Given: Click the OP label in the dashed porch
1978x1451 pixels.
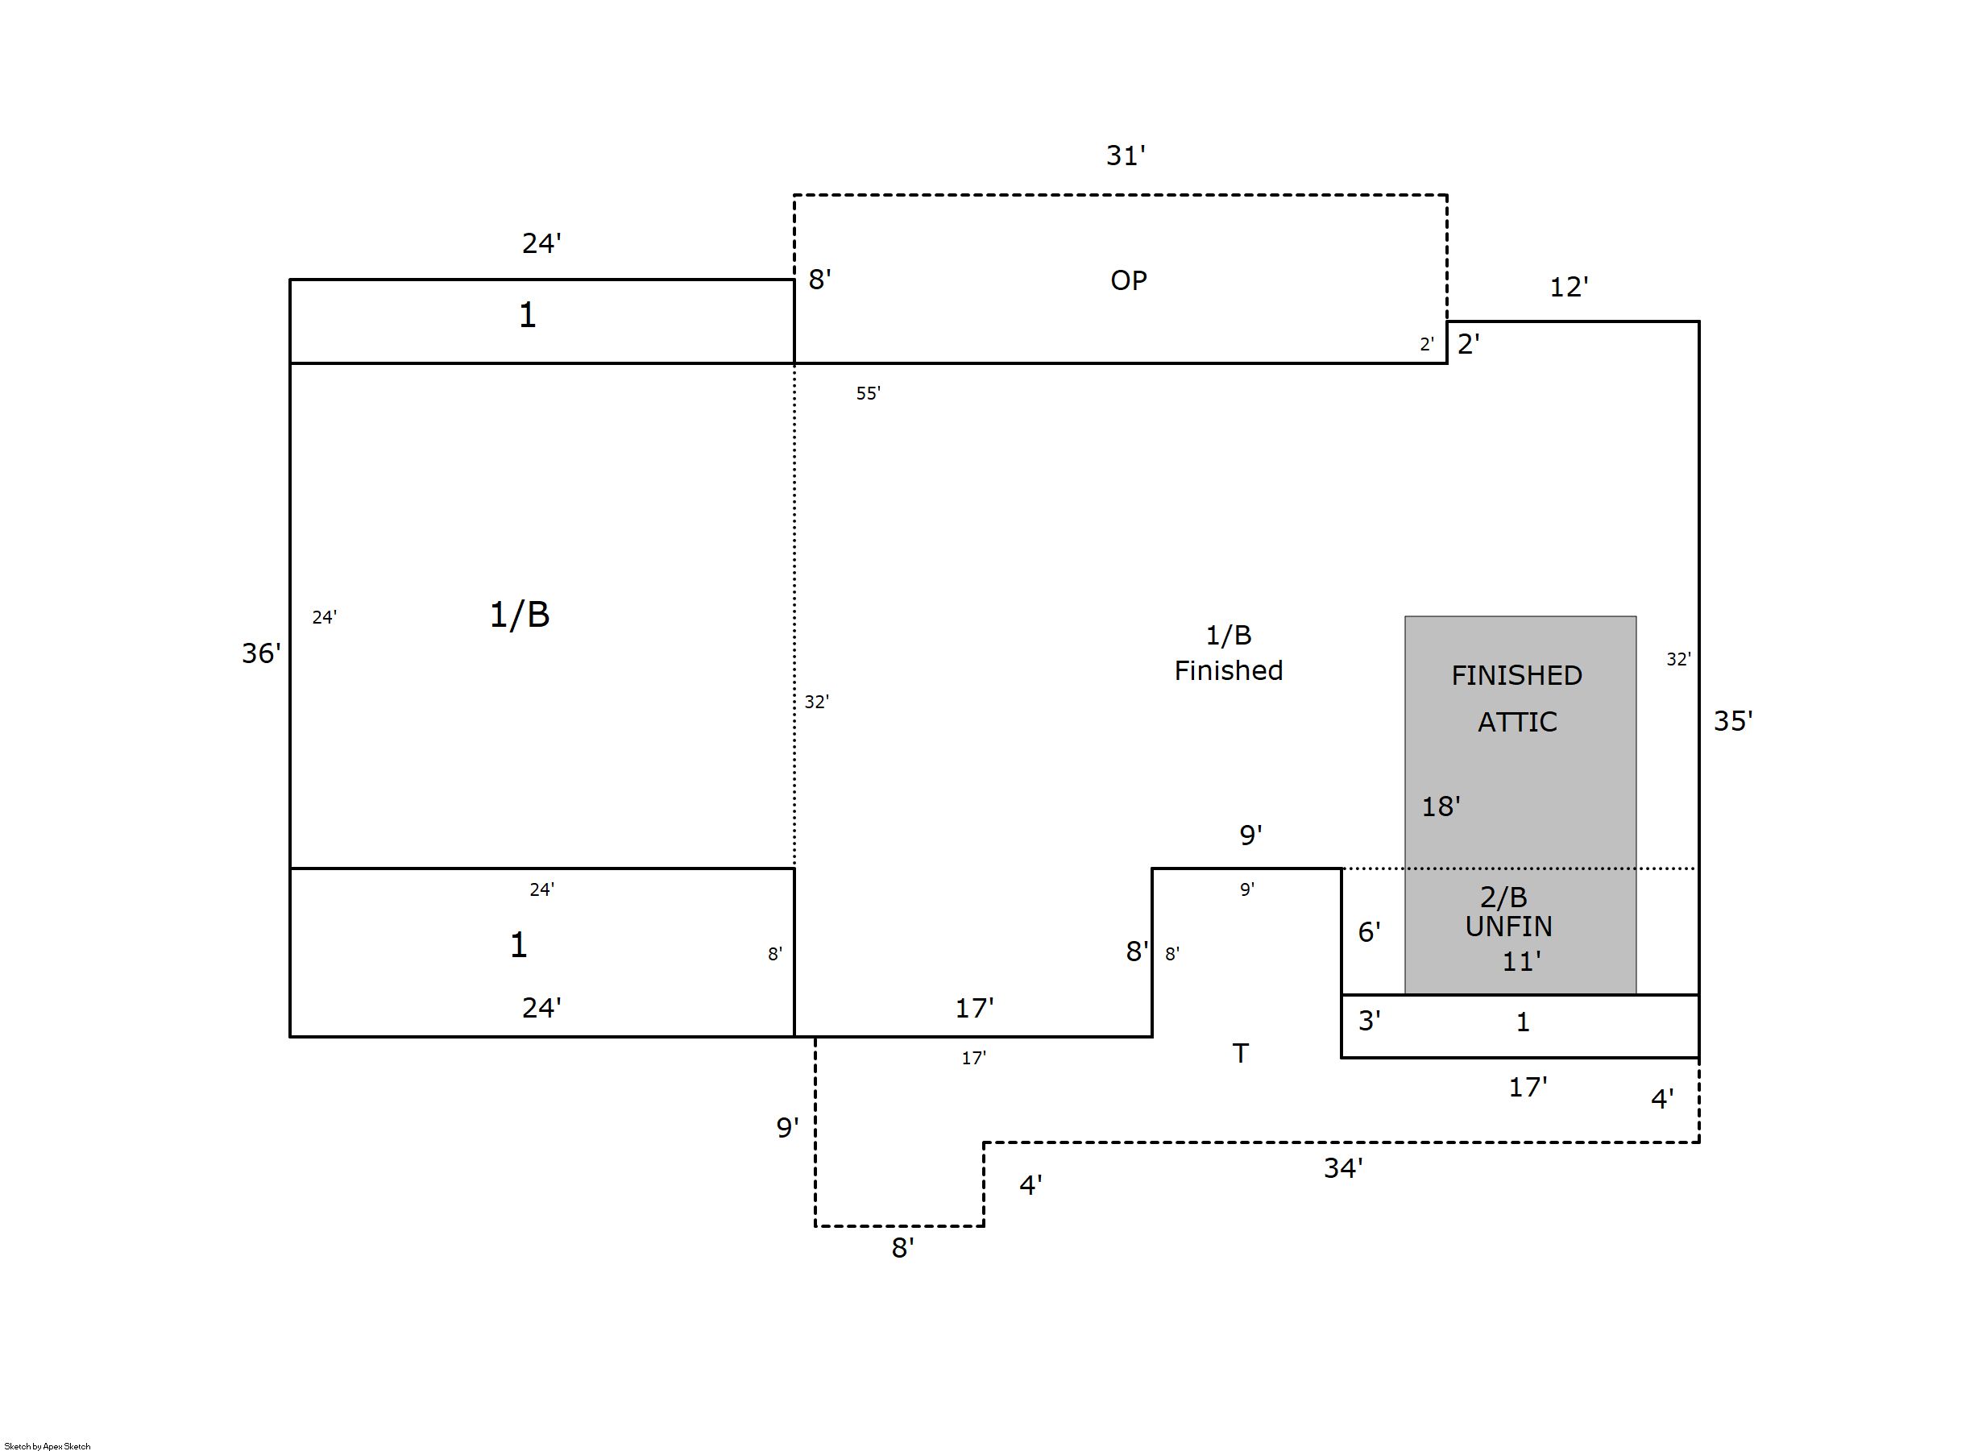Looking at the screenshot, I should point(1128,280).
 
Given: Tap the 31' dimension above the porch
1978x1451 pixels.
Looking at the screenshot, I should point(1125,155).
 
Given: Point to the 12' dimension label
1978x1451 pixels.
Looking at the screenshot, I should point(1569,287).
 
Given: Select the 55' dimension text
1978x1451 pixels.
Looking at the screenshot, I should point(868,393).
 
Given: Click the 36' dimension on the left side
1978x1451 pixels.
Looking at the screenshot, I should point(261,653).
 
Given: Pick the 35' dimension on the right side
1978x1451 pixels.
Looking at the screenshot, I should point(1733,721).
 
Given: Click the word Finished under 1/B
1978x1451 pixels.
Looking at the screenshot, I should point(1228,671).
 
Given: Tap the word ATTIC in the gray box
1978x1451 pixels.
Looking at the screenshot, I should point(1517,722).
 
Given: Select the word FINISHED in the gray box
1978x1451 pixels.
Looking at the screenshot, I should point(1516,675).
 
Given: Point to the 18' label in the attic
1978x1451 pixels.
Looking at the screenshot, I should point(1441,806).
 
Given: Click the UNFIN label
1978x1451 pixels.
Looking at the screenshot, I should point(1508,927).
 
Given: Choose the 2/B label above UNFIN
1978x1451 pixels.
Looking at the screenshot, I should point(1503,897).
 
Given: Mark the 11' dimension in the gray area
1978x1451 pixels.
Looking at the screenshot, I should point(1521,962).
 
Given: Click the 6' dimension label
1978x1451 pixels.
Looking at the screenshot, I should point(1368,932).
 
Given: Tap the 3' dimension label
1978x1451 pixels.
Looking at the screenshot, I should point(1368,1021).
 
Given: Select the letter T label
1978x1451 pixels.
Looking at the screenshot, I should point(1240,1053).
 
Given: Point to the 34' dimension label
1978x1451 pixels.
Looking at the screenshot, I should point(1343,1168).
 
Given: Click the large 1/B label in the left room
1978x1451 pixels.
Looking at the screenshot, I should point(519,615).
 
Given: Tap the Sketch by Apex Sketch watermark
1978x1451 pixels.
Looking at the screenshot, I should point(48,1445).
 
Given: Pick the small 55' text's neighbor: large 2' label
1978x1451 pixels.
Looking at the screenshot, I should point(1468,344).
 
